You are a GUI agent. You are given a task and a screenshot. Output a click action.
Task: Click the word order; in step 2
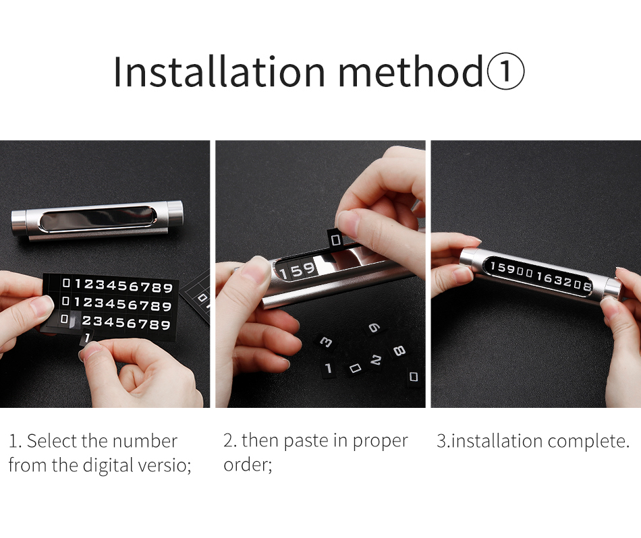click(248, 465)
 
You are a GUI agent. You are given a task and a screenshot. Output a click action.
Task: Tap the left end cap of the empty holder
click(20, 220)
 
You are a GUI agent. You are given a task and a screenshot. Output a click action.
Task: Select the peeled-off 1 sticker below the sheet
click(88, 336)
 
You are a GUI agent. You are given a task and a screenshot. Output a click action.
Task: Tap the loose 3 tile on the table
click(327, 343)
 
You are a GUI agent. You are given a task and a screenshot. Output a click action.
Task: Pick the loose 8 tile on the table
click(399, 350)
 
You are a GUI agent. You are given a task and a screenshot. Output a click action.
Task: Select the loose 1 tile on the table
click(329, 368)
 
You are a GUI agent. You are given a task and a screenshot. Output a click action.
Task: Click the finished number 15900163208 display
click(540, 277)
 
